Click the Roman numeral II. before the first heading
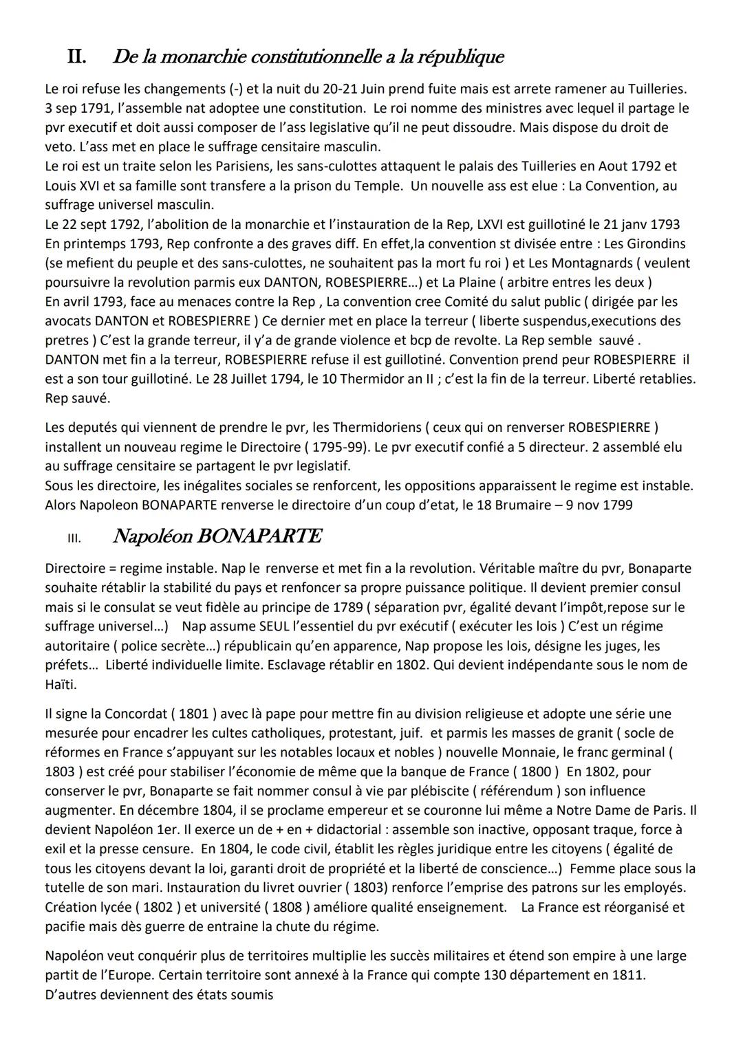pos(76,56)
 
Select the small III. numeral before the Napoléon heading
pos(74,538)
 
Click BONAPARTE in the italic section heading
pos(259,536)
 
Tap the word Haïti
pos(61,684)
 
